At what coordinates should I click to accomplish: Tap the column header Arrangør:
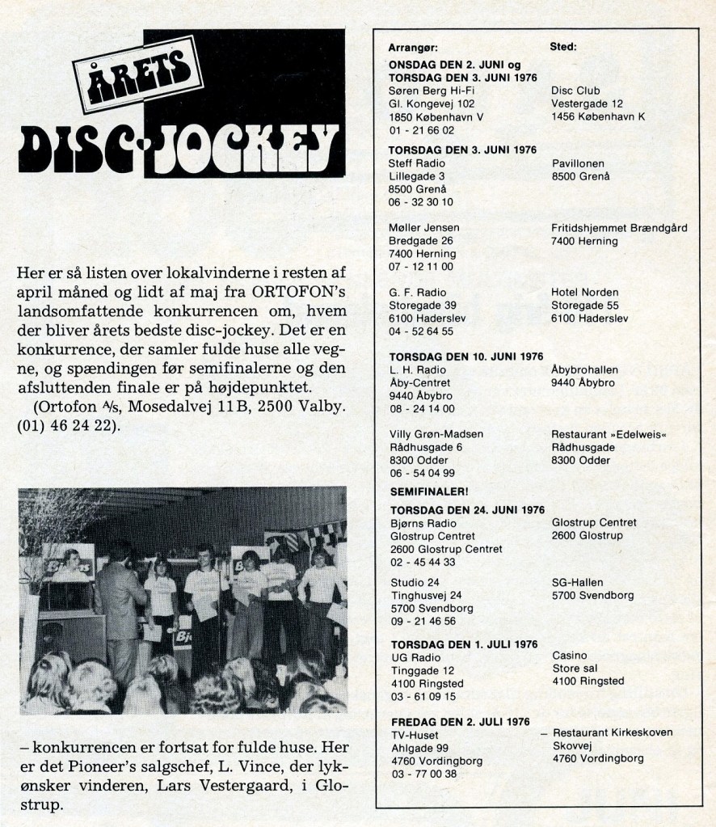413,48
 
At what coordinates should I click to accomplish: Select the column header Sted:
562,47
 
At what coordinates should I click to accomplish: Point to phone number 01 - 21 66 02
421,130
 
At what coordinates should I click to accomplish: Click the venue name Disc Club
575,91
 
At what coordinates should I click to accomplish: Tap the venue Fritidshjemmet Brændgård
619,228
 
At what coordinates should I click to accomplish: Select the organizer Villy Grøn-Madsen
436,434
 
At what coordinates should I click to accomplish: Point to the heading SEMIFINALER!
429,492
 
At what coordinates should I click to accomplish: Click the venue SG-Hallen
577,582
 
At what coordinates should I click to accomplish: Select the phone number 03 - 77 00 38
422,774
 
